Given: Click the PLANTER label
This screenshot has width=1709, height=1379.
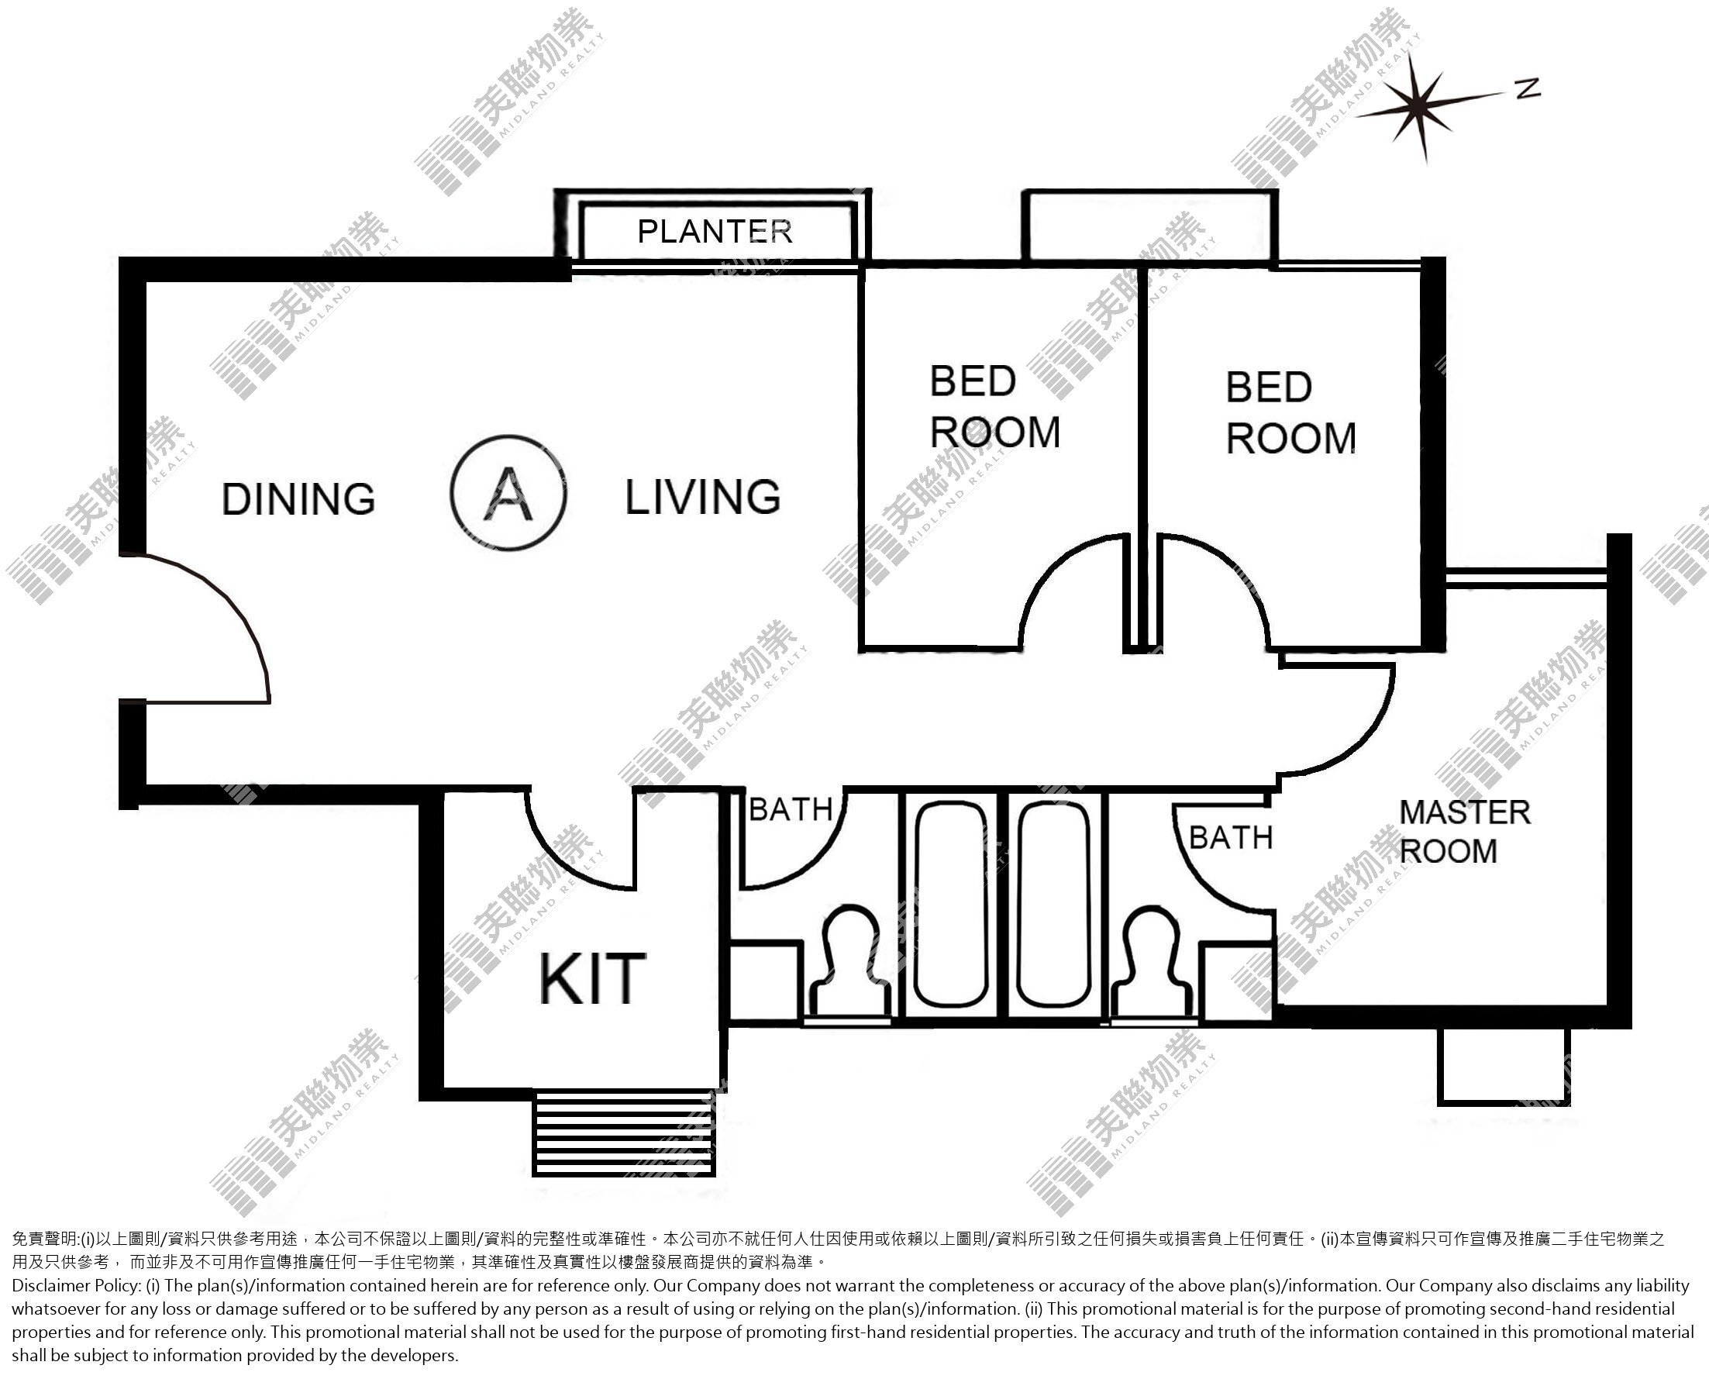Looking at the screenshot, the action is [715, 231].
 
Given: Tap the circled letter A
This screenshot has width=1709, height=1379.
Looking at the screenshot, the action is [508, 493].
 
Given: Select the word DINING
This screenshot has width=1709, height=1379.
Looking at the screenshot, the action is [298, 499].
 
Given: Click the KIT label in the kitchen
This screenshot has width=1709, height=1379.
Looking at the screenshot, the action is [592, 977].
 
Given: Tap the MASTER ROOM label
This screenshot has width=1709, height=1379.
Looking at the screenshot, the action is [1464, 832].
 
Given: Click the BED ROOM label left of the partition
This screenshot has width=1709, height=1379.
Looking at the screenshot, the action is [995, 408].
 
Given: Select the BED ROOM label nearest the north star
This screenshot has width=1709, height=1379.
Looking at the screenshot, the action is [1291, 413].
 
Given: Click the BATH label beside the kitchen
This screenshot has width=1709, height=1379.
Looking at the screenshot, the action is [791, 809].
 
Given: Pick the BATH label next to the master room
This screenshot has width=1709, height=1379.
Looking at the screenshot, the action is [1231, 837].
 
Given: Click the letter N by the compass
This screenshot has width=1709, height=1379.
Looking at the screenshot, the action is [1528, 89].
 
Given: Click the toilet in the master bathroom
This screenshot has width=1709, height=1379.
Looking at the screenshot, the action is [1152, 964].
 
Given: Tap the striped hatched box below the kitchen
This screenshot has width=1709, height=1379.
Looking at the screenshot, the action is [624, 1132].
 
